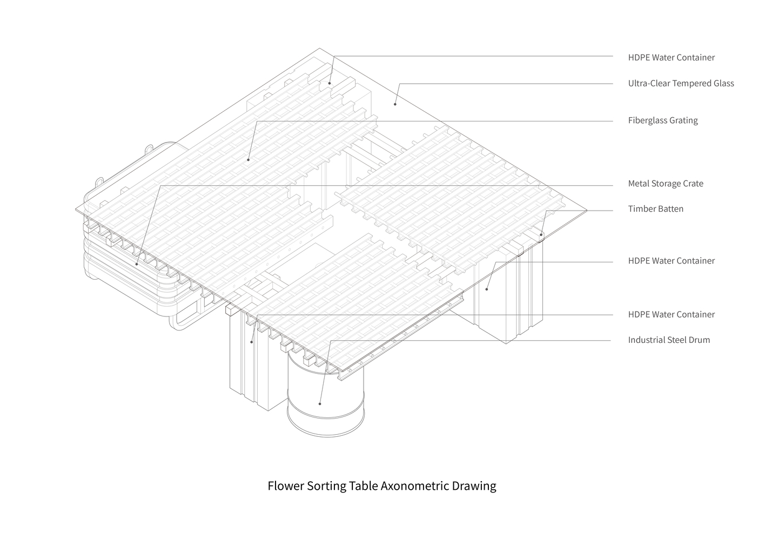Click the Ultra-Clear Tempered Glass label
[x=681, y=84]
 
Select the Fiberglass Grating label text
[x=663, y=120]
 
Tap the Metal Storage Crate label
[x=666, y=184]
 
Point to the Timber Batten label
[x=655, y=208]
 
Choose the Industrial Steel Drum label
[x=669, y=340]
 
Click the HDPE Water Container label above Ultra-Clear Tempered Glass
[x=671, y=57]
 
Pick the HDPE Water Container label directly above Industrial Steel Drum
[x=671, y=314]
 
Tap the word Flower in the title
[x=285, y=485]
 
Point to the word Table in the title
[x=363, y=485]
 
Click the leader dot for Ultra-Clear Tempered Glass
[x=395, y=104]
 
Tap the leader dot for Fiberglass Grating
[x=249, y=159]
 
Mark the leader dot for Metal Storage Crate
[x=136, y=264]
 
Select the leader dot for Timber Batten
[x=541, y=234]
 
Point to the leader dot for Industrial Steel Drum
[x=319, y=404]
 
